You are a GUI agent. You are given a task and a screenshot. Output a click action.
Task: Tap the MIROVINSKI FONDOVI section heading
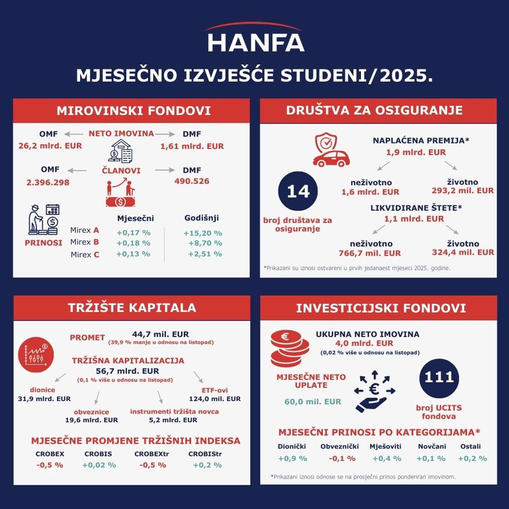point(133,111)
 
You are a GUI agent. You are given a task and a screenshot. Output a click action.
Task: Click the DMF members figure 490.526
point(192,181)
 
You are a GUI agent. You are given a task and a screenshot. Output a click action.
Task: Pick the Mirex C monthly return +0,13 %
point(133,254)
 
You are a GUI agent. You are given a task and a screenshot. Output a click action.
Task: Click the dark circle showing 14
point(298,192)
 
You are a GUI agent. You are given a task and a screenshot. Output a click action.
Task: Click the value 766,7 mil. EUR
point(370,253)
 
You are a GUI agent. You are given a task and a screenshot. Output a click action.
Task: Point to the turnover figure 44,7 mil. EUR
point(160,334)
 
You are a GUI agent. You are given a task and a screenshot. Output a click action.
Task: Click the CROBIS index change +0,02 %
point(99,465)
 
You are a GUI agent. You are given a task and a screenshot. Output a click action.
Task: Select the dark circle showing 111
point(439,378)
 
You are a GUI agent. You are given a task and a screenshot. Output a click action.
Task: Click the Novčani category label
point(432,447)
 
